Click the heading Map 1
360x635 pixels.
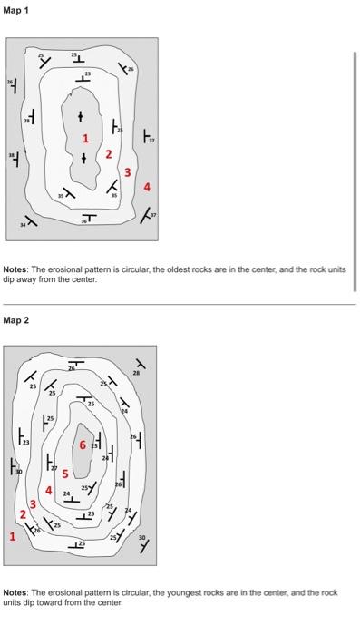(x=16, y=10)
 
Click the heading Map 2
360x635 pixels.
(x=16, y=320)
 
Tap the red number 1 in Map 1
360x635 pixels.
(x=86, y=140)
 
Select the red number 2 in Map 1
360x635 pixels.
(x=108, y=155)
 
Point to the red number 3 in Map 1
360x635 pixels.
(x=128, y=172)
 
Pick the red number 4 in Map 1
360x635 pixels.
(x=147, y=187)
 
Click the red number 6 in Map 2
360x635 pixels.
(x=82, y=445)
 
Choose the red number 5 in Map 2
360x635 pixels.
(x=64, y=474)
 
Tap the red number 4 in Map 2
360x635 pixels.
(x=48, y=490)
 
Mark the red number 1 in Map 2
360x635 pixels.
(x=12, y=536)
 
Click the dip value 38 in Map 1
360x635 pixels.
(x=12, y=154)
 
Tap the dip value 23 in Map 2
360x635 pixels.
(x=25, y=442)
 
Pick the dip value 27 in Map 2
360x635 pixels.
(x=54, y=466)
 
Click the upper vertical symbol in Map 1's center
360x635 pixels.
(x=81, y=117)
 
